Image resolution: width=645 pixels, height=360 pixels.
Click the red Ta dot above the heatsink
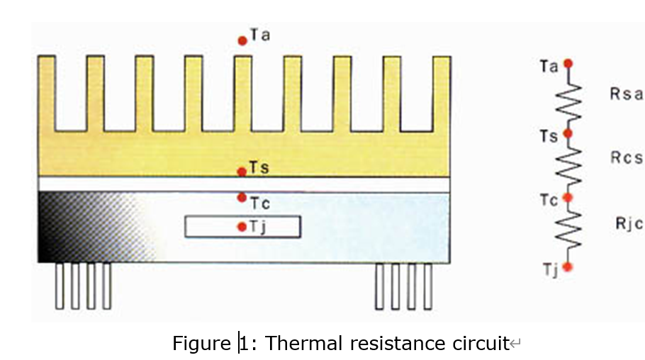click(242, 40)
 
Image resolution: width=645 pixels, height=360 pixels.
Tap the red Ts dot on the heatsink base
click(242, 171)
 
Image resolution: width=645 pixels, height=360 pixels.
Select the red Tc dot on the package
click(242, 197)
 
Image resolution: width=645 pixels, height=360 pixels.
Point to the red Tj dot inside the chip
click(242, 227)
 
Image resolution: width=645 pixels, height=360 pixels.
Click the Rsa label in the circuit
click(626, 94)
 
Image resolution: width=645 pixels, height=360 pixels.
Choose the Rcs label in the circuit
click(626, 159)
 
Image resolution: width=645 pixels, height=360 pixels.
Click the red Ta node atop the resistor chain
click(568, 63)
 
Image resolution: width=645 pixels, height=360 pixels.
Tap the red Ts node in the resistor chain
click(568, 133)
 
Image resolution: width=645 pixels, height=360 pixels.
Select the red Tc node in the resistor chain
click(568, 198)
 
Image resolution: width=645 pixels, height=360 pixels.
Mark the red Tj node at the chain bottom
click(568, 266)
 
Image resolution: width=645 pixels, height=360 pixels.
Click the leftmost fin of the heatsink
click(47, 92)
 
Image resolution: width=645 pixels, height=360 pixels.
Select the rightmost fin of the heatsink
click(442, 92)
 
